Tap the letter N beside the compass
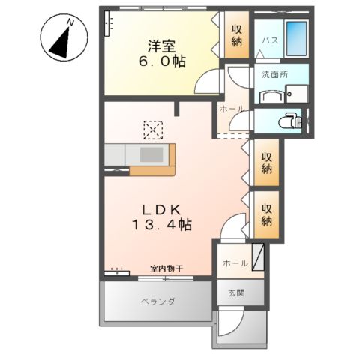70,22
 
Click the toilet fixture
289,121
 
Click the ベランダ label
157,302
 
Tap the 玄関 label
236,292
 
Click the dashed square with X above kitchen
154,130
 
